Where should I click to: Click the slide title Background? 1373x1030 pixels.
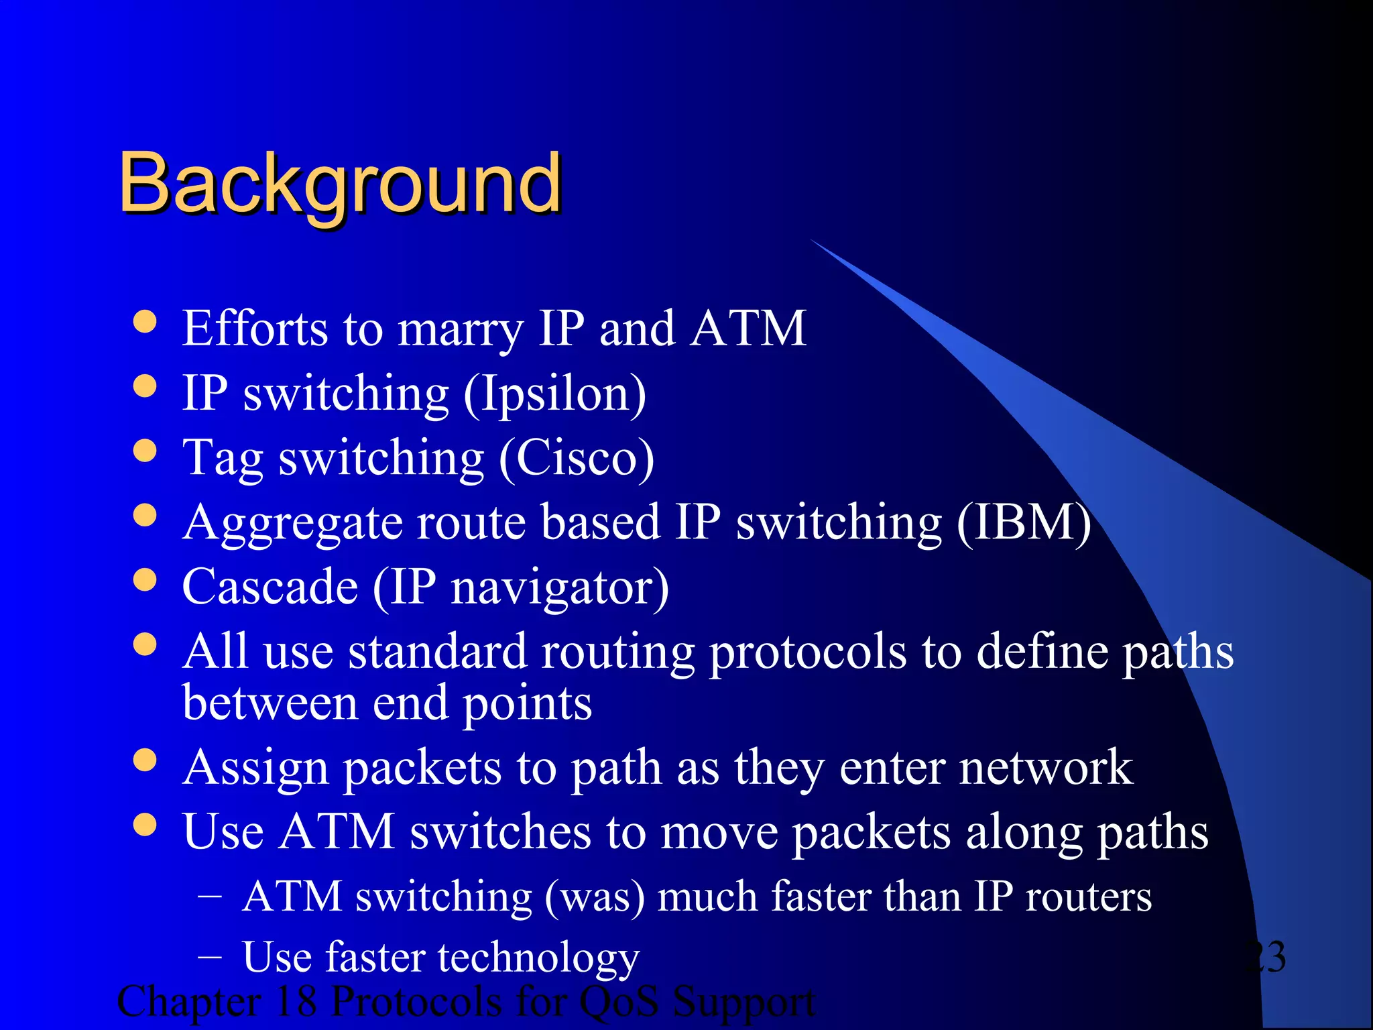[340, 183]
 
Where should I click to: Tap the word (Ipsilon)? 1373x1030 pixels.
[555, 394]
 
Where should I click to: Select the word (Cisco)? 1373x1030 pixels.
[577, 459]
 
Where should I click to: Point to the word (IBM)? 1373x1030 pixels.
[1024, 522]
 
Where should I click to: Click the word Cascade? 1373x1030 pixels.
[270, 587]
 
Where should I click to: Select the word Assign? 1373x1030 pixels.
[255, 768]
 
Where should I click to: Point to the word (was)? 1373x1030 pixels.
[595, 897]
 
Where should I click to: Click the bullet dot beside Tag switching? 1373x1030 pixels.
[145, 451]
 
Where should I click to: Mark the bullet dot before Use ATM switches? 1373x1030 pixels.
[145, 825]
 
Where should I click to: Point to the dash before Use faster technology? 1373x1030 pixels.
[210, 956]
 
